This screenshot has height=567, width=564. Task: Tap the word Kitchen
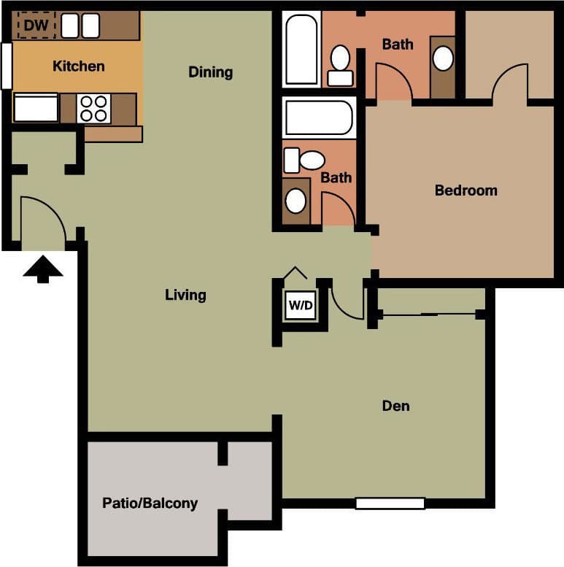point(79,66)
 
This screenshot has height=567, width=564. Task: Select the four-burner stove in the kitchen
point(94,109)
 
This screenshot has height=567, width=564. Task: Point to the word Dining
point(210,72)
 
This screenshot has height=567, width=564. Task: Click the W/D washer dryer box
point(300,306)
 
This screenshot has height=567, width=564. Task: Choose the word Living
point(185,296)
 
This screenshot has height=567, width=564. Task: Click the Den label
point(395,406)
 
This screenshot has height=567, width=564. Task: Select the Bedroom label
point(466,190)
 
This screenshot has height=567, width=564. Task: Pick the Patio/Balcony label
point(150,504)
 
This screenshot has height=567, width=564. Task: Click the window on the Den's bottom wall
point(390,503)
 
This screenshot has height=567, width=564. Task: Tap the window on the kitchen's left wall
point(7,66)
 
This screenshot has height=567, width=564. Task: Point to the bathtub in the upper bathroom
point(301,49)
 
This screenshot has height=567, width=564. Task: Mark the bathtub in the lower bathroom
point(318,117)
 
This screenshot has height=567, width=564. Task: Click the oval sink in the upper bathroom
point(443,58)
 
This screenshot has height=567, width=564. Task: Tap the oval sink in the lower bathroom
point(295,200)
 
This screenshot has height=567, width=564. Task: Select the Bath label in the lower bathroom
point(336,177)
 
